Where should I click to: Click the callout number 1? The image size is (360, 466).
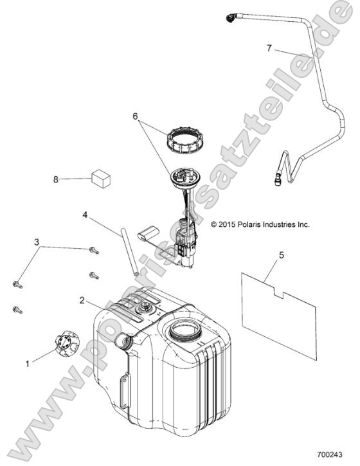pos(28,363)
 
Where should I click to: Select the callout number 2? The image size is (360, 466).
pos(82,300)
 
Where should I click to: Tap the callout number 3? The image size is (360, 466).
pos(37,242)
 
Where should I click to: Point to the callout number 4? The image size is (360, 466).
pos(85,215)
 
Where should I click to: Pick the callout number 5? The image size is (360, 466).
pos(281,255)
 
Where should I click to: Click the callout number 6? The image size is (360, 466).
pos(135,116)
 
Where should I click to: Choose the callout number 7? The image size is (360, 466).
pos(269,48)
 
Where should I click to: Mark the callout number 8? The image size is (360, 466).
pos(55,179)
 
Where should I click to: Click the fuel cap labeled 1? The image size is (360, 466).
pos(68,343)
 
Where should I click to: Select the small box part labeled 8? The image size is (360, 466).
pos(101,179)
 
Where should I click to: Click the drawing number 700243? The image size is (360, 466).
pos(330,454)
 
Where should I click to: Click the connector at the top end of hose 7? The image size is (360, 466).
pos(231,18)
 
